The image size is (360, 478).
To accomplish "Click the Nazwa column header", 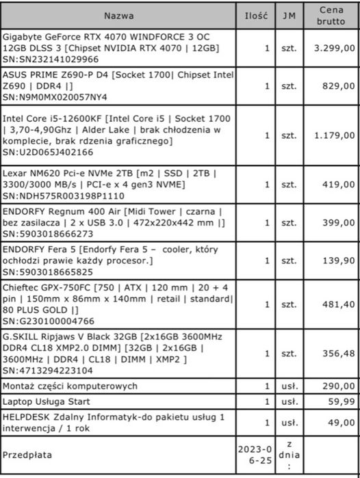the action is click(x=119, y=15).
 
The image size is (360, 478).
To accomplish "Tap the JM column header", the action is click(x=285, y=15).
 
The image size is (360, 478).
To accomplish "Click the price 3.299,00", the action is click(x=334, y=49).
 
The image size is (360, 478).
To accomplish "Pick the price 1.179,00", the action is click(x=334, y=135).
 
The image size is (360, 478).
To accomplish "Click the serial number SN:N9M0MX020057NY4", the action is click(x=55, y=98).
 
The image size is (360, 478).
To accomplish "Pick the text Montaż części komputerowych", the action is click(x=70, y=386).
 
